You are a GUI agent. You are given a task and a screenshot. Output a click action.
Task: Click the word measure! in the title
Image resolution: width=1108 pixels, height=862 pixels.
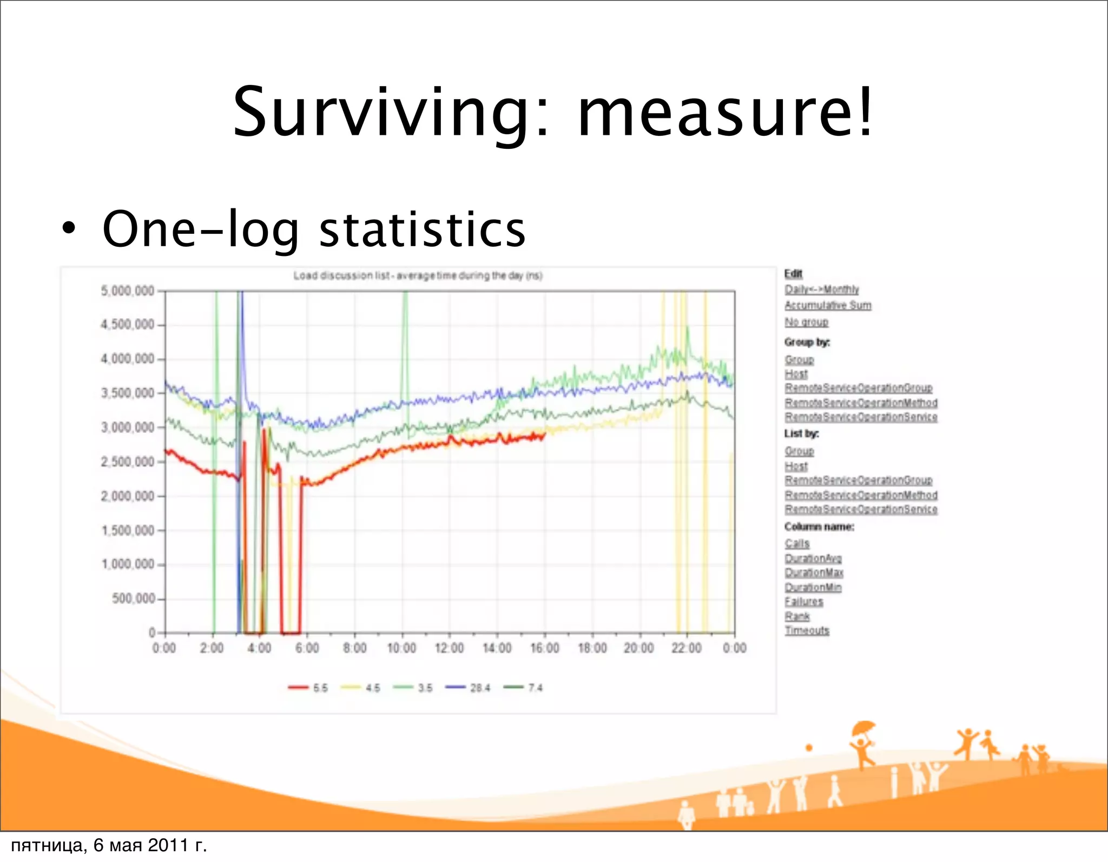(x=725, y=113)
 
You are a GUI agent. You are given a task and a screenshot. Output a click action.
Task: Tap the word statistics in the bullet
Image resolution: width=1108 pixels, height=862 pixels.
(x=422, y=229)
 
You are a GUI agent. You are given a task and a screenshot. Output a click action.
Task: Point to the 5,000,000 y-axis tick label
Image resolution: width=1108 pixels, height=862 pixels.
(x=128, y=291)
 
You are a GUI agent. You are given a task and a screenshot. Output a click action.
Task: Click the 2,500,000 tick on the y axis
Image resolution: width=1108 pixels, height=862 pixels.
(x=128, y=462)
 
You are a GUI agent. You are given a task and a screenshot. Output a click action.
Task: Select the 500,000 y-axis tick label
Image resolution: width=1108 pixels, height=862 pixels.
(x=133, y=598)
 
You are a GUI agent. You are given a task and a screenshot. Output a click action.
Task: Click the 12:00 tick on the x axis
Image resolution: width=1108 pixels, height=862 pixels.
(x=449, y=648)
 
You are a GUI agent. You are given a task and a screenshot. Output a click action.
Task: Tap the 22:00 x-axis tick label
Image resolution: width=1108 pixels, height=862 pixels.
(x=687, y=648)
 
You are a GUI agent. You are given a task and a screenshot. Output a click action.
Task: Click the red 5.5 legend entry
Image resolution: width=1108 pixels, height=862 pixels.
(x=308, y=688)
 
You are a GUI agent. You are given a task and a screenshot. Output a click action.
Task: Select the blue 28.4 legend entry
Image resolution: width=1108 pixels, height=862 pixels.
(x=468, y=688)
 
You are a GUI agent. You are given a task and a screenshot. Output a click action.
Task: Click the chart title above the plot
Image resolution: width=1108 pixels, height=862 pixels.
(x=418, y=276)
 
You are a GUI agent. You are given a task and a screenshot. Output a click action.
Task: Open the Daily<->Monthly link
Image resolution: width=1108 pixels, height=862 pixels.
(x=821, y=289)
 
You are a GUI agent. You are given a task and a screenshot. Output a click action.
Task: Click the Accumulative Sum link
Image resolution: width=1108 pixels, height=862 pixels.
(x=828, y=305)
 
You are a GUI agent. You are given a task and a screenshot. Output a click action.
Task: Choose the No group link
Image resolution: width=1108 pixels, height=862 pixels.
(x=806, y=322)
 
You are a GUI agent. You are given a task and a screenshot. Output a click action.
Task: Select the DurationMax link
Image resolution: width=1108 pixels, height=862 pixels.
(x=814, y=573)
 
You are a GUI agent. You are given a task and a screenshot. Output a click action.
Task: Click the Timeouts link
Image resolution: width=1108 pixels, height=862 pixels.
(x=807, y=630)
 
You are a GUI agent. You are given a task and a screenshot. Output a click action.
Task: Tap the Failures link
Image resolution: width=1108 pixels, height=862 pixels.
(x=804, y=602)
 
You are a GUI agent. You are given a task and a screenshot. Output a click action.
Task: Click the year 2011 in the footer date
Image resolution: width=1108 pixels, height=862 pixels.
(x=168, y=845)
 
